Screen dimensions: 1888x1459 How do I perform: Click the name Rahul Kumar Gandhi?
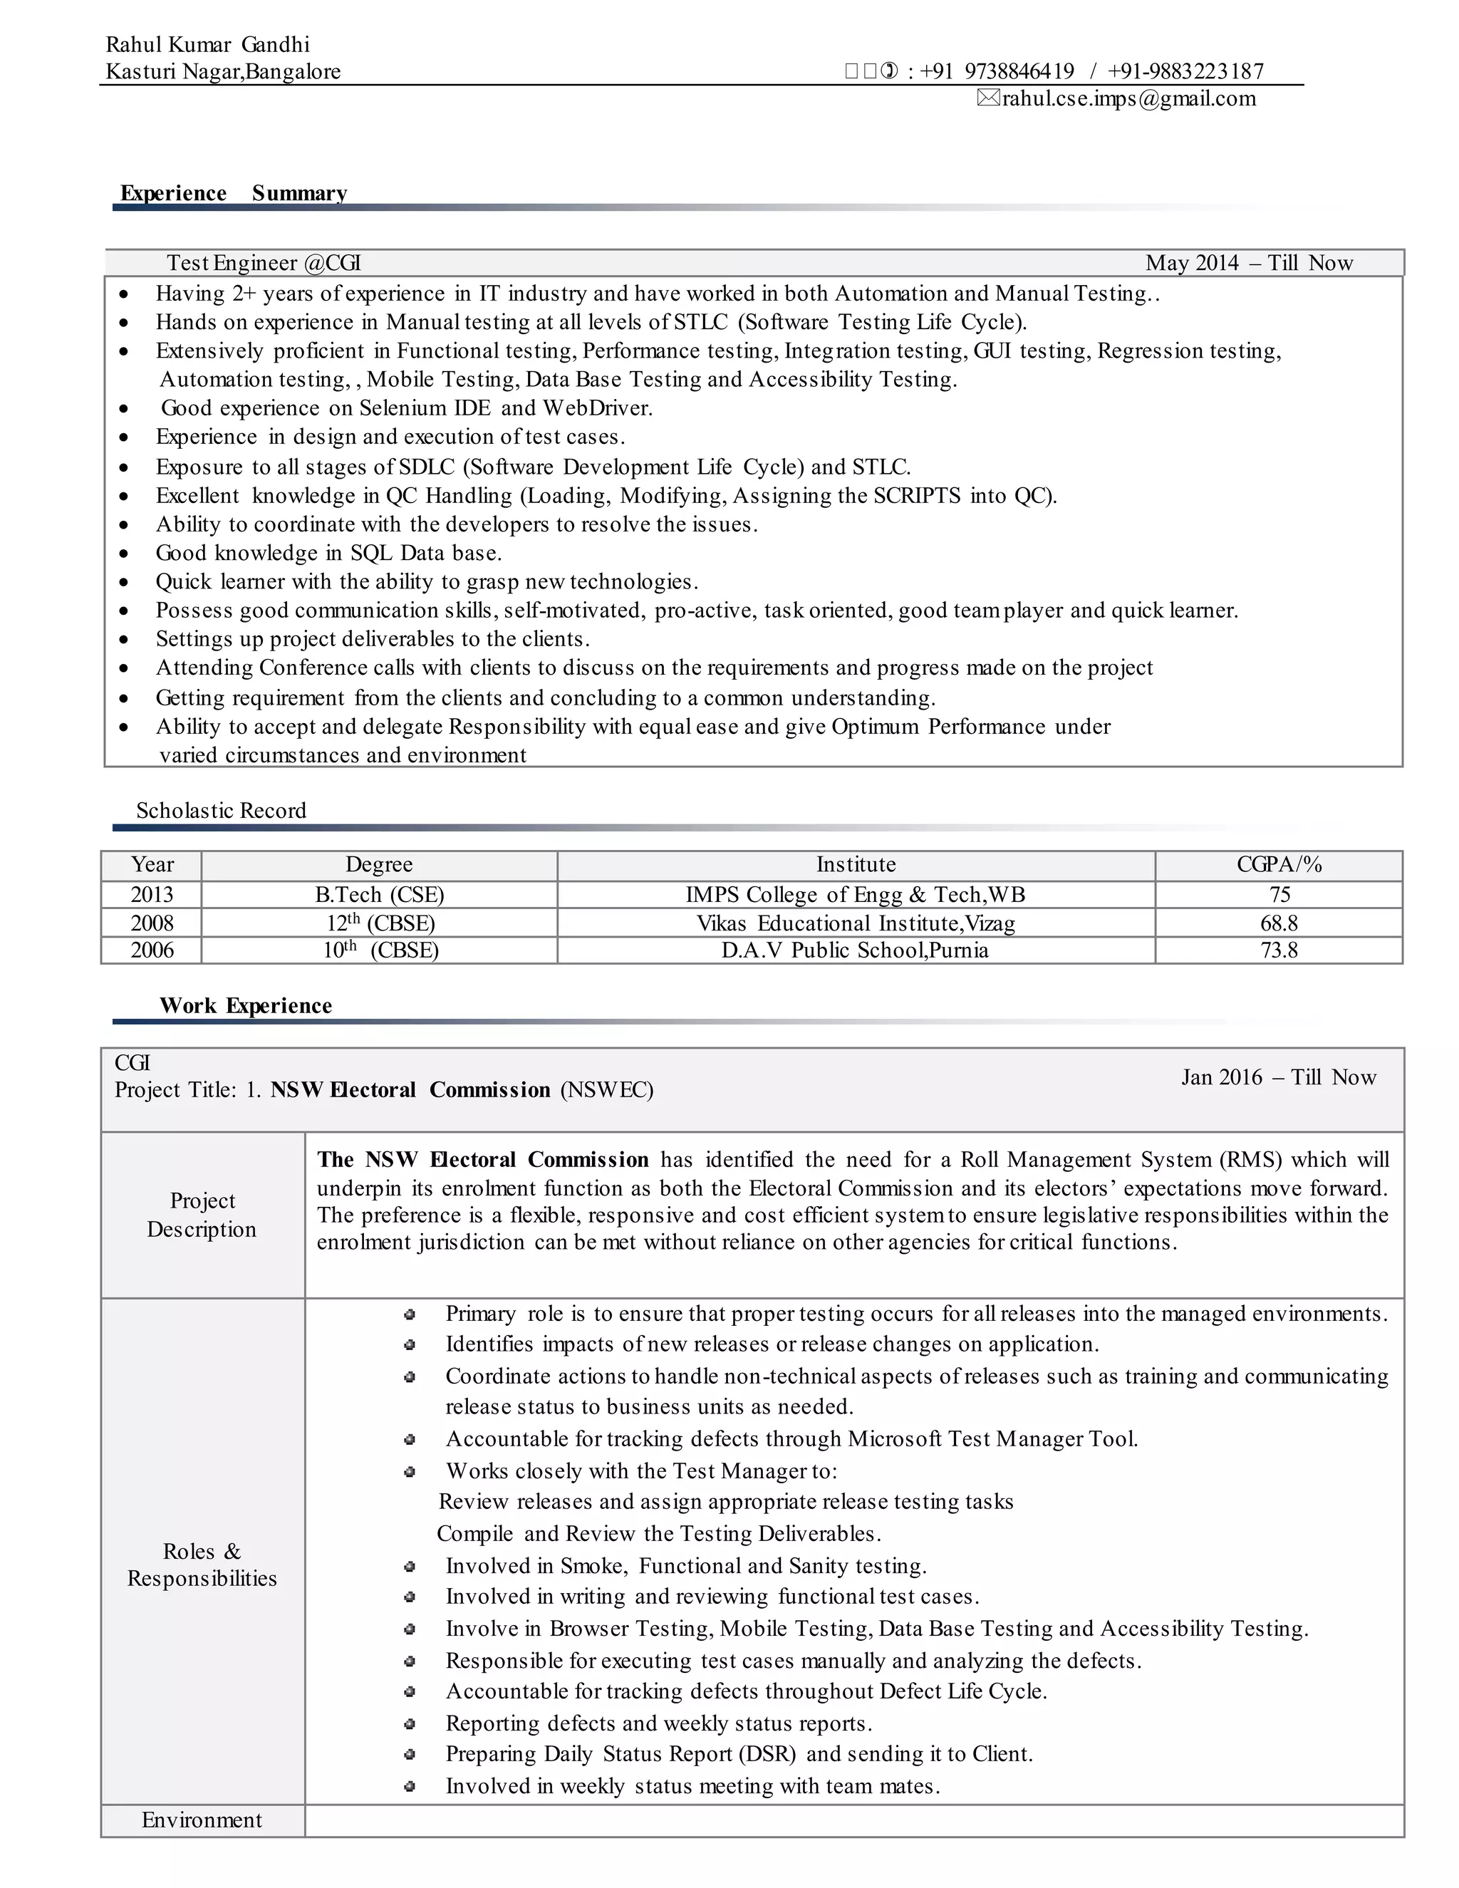pos(207,44)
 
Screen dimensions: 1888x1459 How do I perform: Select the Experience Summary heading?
pos(234,193)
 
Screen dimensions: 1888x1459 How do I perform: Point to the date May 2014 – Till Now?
pos(1249,263)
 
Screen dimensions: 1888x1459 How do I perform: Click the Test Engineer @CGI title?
pos(264,263)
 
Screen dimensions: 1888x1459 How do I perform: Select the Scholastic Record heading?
pos(222,810)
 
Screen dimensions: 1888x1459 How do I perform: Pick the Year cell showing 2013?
pos(152,895)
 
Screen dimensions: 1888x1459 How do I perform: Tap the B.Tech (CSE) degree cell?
pos(380,895)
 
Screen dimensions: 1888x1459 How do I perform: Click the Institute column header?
pos(856,864)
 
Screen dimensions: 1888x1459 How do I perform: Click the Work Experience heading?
pos(246,1005)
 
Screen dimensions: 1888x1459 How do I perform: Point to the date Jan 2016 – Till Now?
pos(1278,1077)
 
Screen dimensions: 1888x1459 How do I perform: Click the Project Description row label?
pos(202,1215)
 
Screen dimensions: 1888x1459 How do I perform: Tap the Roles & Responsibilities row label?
pos(202,1565)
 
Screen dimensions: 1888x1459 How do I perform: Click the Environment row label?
pos(202,1820)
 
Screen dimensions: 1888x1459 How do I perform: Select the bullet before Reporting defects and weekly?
pos(410,1723)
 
